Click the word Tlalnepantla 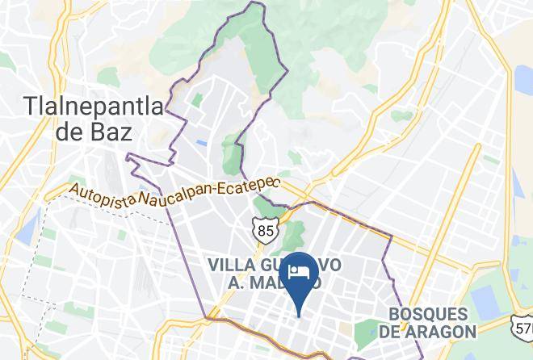94,105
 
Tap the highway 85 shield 266,231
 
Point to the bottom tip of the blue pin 300,316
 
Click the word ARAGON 445,331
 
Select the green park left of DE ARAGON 369,329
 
